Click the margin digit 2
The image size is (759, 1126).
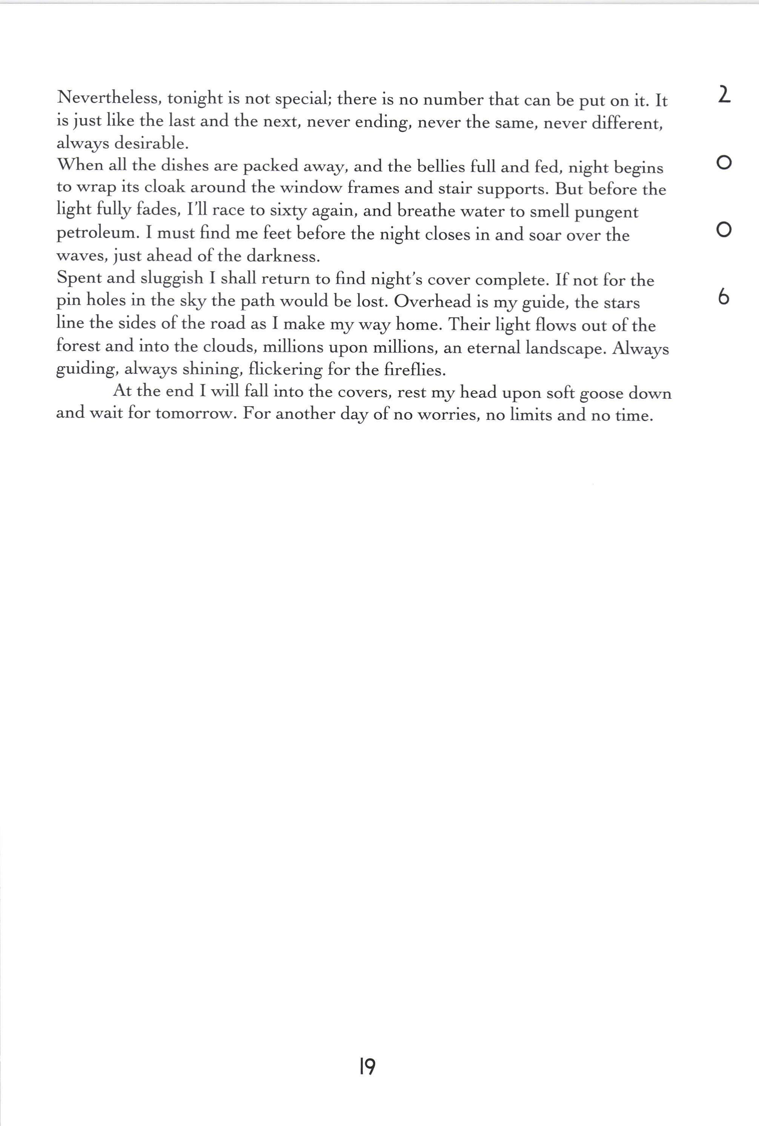(723, 94)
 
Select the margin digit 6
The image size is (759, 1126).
(723, 297)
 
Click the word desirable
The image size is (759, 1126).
(151, 143)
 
